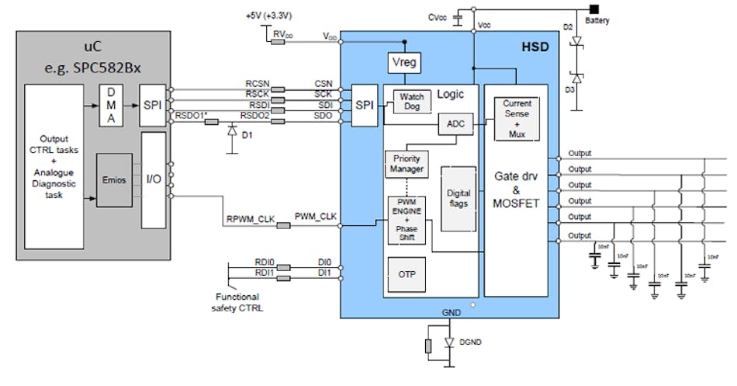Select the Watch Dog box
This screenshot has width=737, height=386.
coord(412,102)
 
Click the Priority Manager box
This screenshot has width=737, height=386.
coord(406,163)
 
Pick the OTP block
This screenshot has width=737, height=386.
coord(406,275)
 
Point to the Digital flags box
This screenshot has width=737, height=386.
coord(458,198)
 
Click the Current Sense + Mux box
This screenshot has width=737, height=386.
coord(516,119)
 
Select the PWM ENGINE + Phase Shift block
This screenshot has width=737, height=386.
coord(407,220)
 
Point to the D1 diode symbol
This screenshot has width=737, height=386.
coord(231,132)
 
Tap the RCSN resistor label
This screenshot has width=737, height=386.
coord(257,82)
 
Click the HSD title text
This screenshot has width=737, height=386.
coord(533,47)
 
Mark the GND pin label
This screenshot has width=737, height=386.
coord(452,312)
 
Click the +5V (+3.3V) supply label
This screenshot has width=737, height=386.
coord(269,16)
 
